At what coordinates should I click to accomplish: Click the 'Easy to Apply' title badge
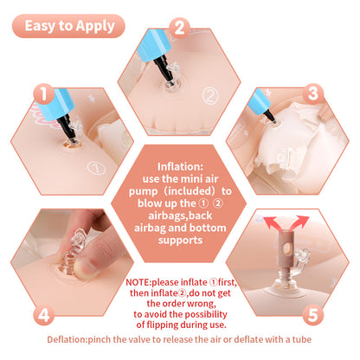pyautogui.click(x=68, y=26)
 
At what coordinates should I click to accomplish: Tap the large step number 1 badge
pyautogui.click(x=44, y=94)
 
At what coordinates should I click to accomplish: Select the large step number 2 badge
pyautogui.click(x=179, y=28)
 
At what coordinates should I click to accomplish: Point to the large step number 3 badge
pyautogui.click(x=313, y=93)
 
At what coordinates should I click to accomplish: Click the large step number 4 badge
pyautogui.click(x=44, y=315)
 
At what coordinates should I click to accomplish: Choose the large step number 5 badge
pyautogui.click(x=313, y=315)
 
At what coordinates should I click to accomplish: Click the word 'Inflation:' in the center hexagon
pyautogui.click(x=180, y=166)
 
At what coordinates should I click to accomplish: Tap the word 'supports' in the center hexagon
pyautogui.click(x=180, y=241)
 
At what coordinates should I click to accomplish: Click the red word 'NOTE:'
pyautogui.click(x=138, y=282)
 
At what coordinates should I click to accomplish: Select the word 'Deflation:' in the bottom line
pyautogui.click(x=67, y=339)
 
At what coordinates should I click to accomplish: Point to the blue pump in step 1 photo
pyautogui.click(x=56, y=105)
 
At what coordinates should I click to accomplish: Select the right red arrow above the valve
pyautogui.click(x=298, y=223)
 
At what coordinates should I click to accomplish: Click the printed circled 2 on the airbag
pyautogui.click(x=210, y=95)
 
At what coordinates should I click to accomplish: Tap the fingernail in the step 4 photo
pyautogui.click(x=84, y=268)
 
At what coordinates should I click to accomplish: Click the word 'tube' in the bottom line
pyautogui.click(x=302, y=339)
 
